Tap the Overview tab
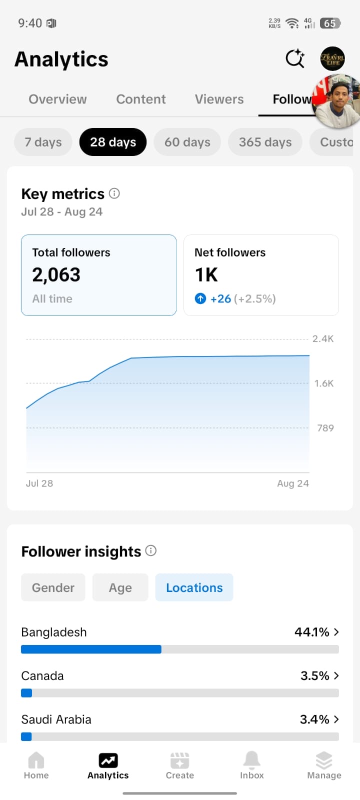tap(57, 99)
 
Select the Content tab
tap(140, 99)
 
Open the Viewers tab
tap(219, 99)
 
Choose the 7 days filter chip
tap(43, 142)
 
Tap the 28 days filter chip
tap(113, 142)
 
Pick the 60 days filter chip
tap(187, 142)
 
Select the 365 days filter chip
tap(265, 142)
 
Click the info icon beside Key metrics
tap(114, 193)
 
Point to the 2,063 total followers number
tap(56, 274)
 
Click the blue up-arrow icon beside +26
tap(200, 298)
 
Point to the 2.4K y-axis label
tap(323, 338)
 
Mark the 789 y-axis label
tap(325, 428)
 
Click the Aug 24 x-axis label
tap(293, 483)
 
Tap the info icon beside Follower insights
tap(151, 550)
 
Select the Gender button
tap(53, 587)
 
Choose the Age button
tap(120, 587)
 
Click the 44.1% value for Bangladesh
tap(312, 632)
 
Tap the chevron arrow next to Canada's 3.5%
tap(336, 675)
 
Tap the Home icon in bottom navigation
tap(36, 759)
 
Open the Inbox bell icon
tap(252, 759)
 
